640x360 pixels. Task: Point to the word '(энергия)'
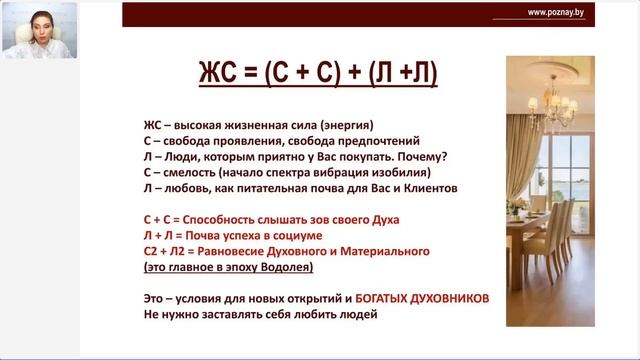(340, 125)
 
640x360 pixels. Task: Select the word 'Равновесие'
(242, 251)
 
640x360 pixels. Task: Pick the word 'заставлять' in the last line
(237, 314)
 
